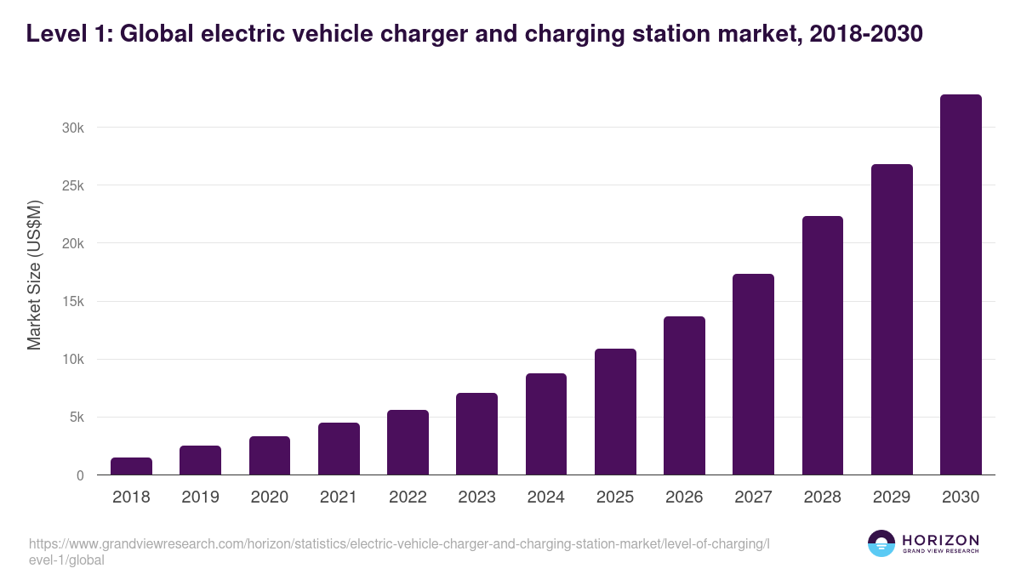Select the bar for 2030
[961, 285]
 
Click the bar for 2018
[131, 466]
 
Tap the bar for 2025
[615, 412]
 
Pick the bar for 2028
[823, 345]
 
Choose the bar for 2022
[408, 442]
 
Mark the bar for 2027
[753, 374]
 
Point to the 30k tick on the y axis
[72, 128]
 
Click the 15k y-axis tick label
[72, 302]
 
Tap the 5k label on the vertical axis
[76, 418]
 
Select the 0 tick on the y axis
[80, 475]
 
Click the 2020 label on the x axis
[269, 497]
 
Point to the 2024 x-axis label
[545, 497]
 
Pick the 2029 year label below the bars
[892, 497]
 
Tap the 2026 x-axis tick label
[684, 497]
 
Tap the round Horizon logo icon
[881, 543]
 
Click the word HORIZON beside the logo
[939, 540]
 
